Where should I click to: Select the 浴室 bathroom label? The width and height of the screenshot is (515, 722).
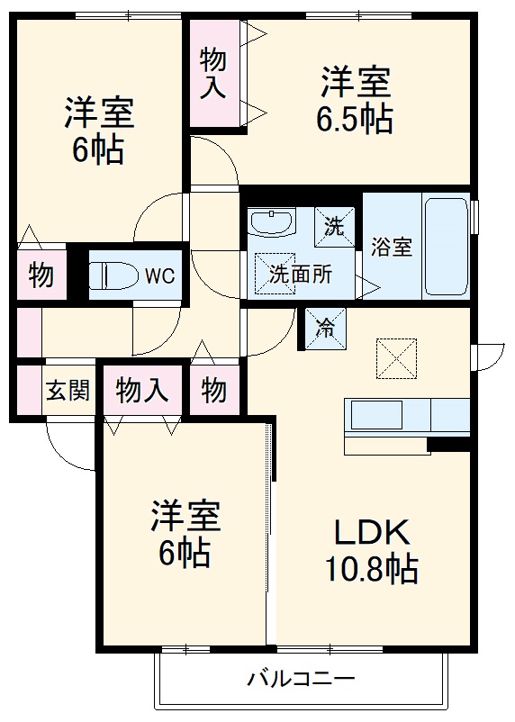[392, 247]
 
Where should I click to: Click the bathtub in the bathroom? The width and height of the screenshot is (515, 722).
[446, 247]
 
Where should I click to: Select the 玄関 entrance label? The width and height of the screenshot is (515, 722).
[68, 391]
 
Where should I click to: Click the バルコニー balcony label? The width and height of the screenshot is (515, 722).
[302, 678]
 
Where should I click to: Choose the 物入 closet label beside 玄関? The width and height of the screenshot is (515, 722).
[142, 391]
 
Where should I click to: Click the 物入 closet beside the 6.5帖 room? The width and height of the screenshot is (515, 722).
[213, 74]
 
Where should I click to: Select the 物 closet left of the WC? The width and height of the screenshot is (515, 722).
[40, 275]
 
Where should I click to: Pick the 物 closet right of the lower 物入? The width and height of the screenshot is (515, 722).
[213, 391]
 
